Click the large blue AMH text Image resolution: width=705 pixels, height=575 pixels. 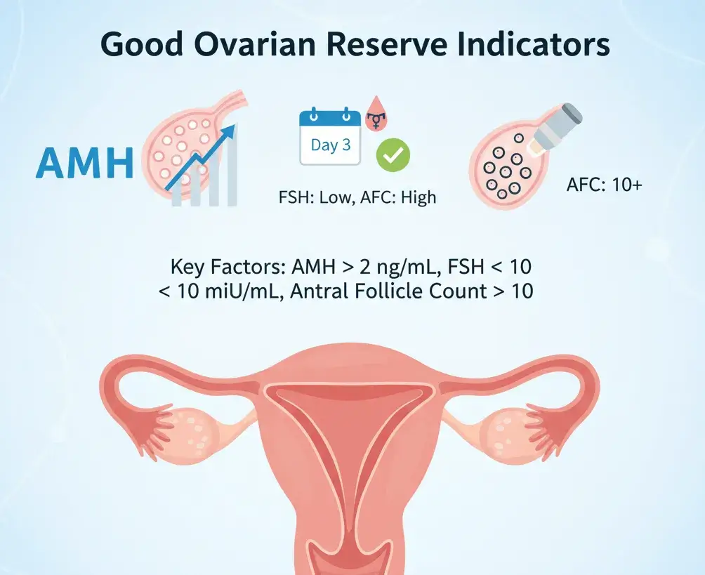tap(84, 164)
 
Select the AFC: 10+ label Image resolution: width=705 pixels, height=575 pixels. tap(603, 187)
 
